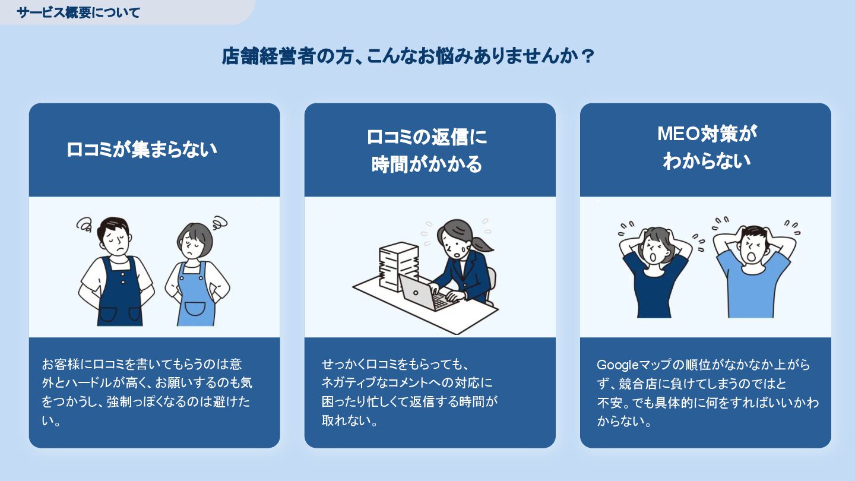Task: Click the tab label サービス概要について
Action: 78,12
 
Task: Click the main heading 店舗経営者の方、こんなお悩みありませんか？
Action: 408,56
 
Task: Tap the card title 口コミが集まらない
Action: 141,150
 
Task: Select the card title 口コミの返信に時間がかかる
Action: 427,150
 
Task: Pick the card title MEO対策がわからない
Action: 707,147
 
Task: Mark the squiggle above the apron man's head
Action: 84,224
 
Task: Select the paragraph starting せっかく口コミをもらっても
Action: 409,393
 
